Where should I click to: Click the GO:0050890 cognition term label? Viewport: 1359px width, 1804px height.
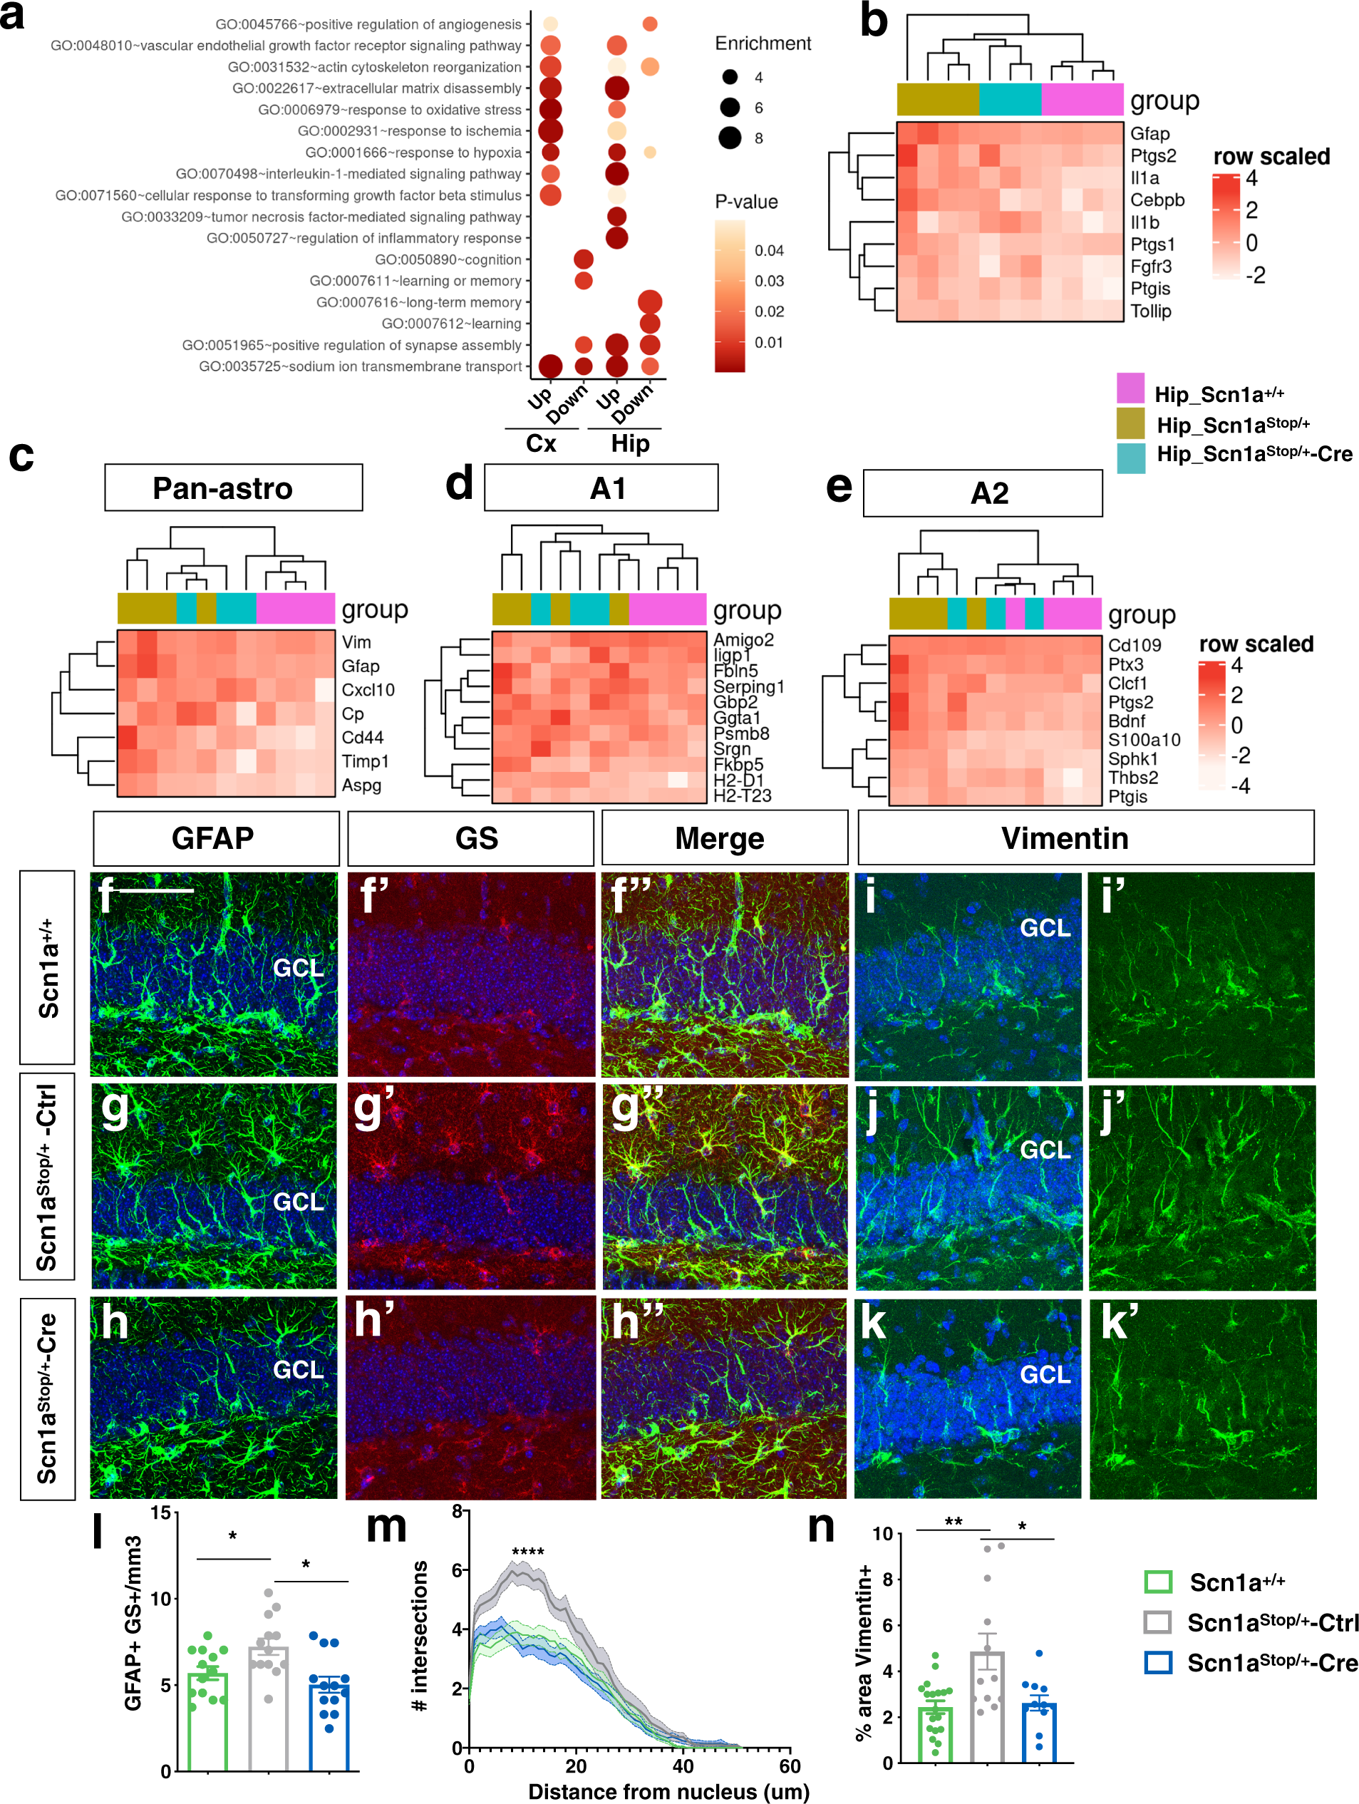coord(447,259)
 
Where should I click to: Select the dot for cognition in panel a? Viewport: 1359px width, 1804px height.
coord(583,259)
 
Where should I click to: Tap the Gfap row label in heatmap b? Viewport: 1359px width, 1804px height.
coord(1149,134)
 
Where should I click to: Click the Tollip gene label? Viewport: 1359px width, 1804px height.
coord(1149,311)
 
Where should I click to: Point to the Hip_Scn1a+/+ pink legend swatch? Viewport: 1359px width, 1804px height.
coord(1130,388)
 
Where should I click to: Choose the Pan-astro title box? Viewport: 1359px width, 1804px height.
coord(233,488)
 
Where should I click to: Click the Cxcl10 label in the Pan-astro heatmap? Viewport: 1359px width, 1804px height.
coord(368,690)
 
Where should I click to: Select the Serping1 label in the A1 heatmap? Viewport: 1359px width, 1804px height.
coord(748,686)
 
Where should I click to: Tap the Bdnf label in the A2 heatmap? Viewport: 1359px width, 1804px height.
coord(1126,721)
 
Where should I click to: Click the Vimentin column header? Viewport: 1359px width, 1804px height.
coord(1085,837)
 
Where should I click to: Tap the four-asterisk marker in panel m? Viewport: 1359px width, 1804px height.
coord(527,1552)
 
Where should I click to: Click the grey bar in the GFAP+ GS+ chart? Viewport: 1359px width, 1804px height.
coord(268,1708)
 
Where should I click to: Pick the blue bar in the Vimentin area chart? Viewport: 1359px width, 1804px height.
coord(1038,1732)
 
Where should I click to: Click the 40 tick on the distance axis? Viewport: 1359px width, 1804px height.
coord(683,1766)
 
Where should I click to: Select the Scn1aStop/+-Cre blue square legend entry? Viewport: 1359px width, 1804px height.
coord(1157,1663)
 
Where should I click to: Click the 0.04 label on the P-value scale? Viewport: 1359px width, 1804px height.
coord(769,250)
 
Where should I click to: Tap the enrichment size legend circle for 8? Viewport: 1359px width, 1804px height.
coord(730,138)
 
